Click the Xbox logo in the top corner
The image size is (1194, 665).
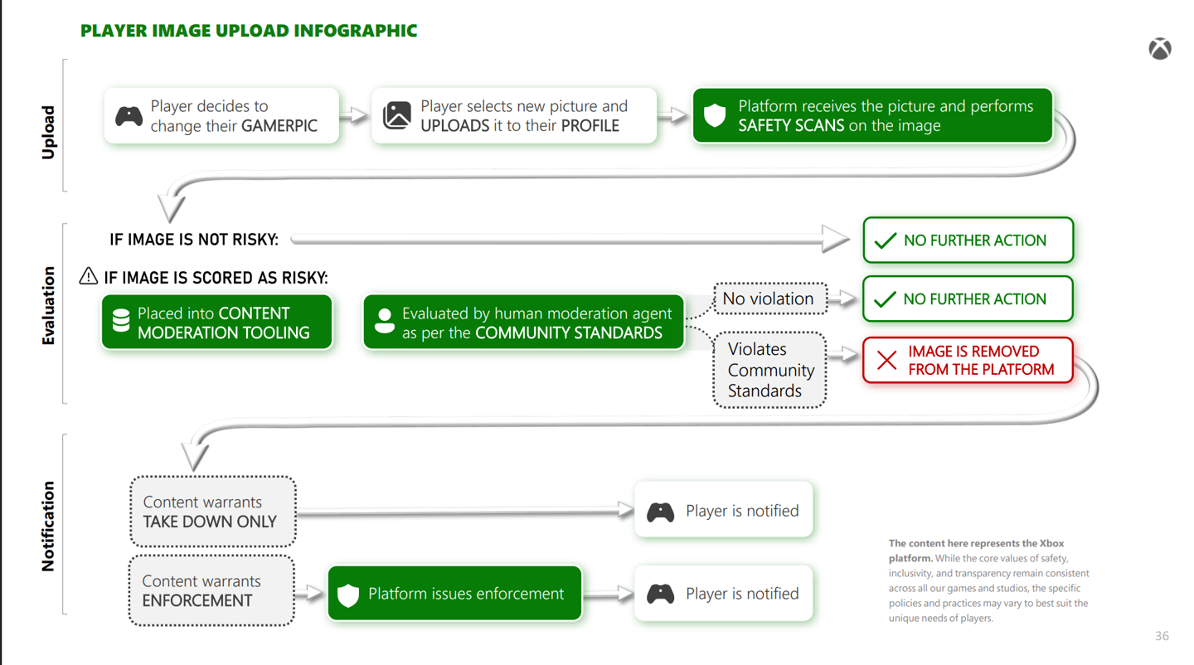coord(1159,49)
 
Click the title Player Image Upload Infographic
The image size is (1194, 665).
coord(249,32)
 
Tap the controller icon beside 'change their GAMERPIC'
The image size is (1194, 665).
coord(129,116)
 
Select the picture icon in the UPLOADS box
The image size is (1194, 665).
coord(397,115)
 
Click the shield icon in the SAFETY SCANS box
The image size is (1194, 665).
coord(715,115)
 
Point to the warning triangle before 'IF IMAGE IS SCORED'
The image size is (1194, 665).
coord(89,276)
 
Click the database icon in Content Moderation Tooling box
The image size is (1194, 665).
coord(121,321)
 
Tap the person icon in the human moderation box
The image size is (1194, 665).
coord(384,321)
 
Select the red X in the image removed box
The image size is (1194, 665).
coord(886,361)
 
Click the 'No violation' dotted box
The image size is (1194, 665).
coord(769,299)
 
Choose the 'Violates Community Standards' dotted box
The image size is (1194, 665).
coord(769,370)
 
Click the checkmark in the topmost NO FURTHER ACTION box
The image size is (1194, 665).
coord(886,240)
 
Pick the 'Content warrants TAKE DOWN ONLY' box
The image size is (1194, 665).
coord(213,512)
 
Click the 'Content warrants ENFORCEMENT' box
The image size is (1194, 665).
coord(211,590)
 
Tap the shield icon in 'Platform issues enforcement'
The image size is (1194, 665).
coord(348,595)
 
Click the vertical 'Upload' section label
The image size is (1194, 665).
coord(48,133)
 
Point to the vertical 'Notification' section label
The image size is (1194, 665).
coord(48,526)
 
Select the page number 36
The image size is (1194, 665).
coord(1162,636)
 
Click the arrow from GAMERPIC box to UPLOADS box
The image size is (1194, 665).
coord(355,115)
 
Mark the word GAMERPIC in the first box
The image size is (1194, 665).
coord(279,126)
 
